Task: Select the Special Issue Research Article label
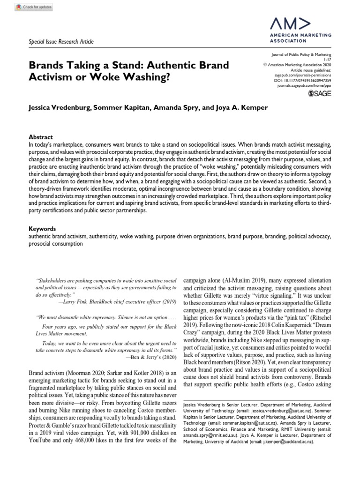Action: coord(61,42)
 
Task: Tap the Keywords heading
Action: coord(42,229)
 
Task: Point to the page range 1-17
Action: coord(328,59)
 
